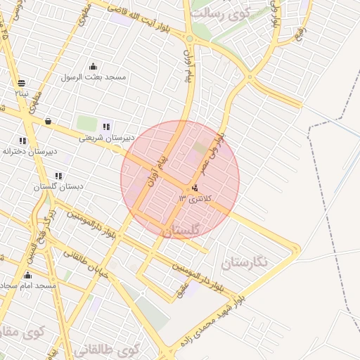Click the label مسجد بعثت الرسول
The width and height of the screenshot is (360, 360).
point(94,77)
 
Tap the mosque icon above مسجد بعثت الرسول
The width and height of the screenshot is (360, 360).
point(93,67)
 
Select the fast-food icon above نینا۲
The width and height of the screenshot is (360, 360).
point(22,82)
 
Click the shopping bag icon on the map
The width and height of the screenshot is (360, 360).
point(47,122)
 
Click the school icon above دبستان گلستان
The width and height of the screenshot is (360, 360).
point(58,176)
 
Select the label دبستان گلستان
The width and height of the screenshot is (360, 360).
point(58,187)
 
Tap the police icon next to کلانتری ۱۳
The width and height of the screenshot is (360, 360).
point(194,188)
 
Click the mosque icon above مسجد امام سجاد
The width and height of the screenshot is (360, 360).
point(27,275)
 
